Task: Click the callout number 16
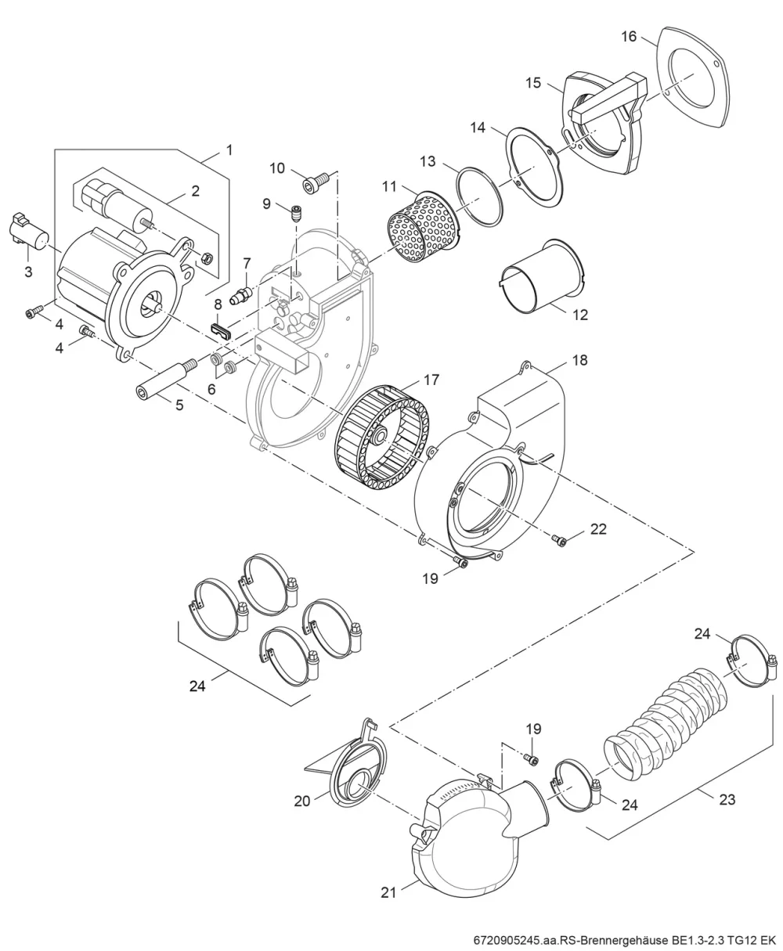tap(629, 37)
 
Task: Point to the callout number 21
tap(388, 892)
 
